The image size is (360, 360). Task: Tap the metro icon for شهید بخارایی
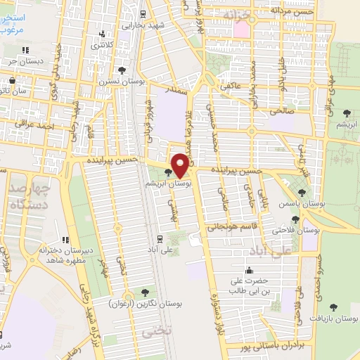143,13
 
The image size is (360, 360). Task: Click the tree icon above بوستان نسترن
122,70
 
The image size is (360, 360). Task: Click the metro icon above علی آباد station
160,238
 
